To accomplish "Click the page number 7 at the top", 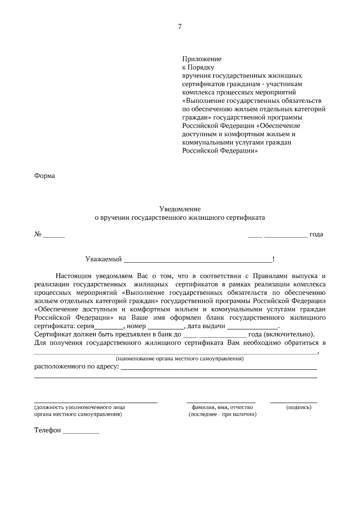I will (180, 27).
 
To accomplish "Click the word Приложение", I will (202, 59).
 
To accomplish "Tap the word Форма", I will (45, 176).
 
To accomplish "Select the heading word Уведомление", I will (180, 209).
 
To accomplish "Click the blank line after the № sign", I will (54, 237).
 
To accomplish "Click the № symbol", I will (37, 234).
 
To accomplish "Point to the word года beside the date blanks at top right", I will (316, 234).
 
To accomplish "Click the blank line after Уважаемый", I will (198, 262).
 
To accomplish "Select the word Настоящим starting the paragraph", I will (74, 276).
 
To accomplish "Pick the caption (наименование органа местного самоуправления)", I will (180, 359).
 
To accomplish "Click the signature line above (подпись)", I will (293, 402).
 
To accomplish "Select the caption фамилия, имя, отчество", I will (222, 407).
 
